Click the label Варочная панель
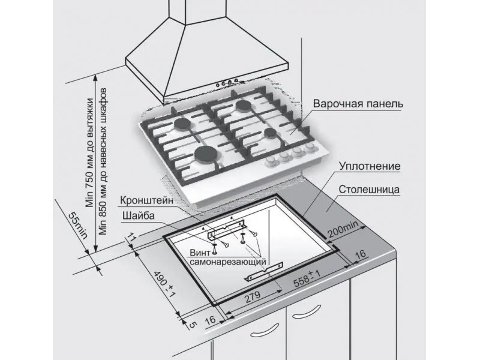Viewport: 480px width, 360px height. pos(358,104)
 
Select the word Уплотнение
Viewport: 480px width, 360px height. pos(370,166)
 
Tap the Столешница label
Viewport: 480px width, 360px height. pos(369,190)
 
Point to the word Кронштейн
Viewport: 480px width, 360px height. pos(146,201)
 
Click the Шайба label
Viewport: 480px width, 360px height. pos(139,216)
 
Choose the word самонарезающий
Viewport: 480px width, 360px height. pos(228,262)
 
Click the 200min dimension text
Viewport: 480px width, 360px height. pos(343,229)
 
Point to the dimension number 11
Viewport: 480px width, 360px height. pos(131,237)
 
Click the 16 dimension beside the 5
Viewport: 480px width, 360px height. pos(210,320)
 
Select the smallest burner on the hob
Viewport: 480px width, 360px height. pos(271,132)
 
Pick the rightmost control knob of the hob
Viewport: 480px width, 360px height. pos(311,148)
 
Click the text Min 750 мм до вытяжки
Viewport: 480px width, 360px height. pos(89,153)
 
